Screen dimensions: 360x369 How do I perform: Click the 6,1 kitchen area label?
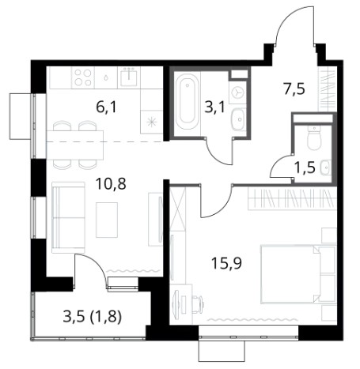106,107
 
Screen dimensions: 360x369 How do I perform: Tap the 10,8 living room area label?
111,184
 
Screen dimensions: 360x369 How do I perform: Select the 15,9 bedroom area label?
227,263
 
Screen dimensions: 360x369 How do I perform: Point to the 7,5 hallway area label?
294,88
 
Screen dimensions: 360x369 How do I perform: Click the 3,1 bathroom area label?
215,107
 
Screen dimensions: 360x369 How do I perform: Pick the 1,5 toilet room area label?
305,167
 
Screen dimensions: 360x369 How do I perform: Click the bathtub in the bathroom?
187,101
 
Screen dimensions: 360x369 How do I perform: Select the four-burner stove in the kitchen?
83,77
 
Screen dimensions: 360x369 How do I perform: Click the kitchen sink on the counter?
129,77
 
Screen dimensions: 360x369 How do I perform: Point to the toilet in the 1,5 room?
314,137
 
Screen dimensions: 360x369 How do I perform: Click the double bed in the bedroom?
298,274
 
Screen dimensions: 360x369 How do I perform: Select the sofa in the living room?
68,217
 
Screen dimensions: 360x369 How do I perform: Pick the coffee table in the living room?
107,220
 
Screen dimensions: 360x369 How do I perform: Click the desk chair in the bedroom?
197,305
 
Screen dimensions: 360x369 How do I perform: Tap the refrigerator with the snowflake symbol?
151,122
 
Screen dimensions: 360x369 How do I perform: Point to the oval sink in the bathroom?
239,119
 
